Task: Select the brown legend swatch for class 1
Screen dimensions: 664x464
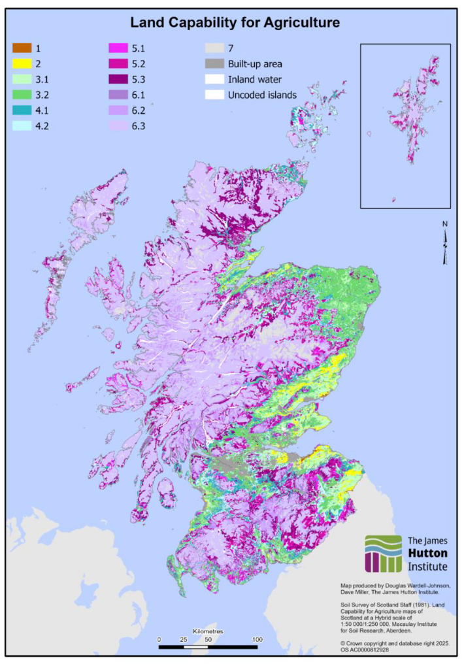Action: (22, 48)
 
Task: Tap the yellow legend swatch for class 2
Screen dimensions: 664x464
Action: (22, 64)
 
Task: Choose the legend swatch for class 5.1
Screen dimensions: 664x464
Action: (118, 48)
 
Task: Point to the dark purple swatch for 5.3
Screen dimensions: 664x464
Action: (118, 80)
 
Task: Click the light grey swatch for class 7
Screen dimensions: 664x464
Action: (214, 48)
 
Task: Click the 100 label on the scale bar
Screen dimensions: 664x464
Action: (257, 639)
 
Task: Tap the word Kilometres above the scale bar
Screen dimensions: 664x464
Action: (208, 631)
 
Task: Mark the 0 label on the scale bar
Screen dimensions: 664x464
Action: (159, 639)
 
